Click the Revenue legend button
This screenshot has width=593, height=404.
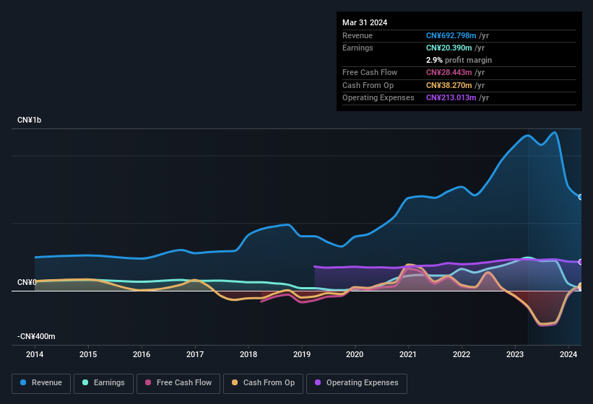click(x=41, y=382)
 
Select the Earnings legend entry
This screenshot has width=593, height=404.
click(x=104, y=382)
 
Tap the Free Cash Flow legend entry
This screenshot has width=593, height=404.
click(x=178, y=382)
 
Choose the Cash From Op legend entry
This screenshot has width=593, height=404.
click(x=263, y=382)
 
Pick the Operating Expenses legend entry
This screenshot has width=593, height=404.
click(x=357, y=382)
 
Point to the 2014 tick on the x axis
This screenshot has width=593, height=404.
click(x=35, y=354)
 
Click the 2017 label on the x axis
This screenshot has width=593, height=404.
click(x=195, y=354)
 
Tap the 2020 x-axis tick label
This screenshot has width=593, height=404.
click(x=355, y=354)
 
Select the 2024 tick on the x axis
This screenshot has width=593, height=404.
click(x=568, y=354)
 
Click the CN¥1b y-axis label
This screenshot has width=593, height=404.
click(x=30, y=120)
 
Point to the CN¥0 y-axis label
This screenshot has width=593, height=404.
click(x=27, y=282)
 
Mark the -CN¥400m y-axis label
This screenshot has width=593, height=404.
click(x=37, y=336)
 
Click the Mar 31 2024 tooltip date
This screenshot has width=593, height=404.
click(x=365, y=22)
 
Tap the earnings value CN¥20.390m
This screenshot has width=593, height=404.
click(x=450, y=48)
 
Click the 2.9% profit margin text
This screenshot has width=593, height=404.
click(x=459, y=60)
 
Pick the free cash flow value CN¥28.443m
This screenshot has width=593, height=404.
click(x=450, y=72)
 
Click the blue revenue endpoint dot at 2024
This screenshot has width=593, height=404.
click(x=580, y=197)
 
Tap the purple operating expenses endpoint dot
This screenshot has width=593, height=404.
click(x=580, y=262)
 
